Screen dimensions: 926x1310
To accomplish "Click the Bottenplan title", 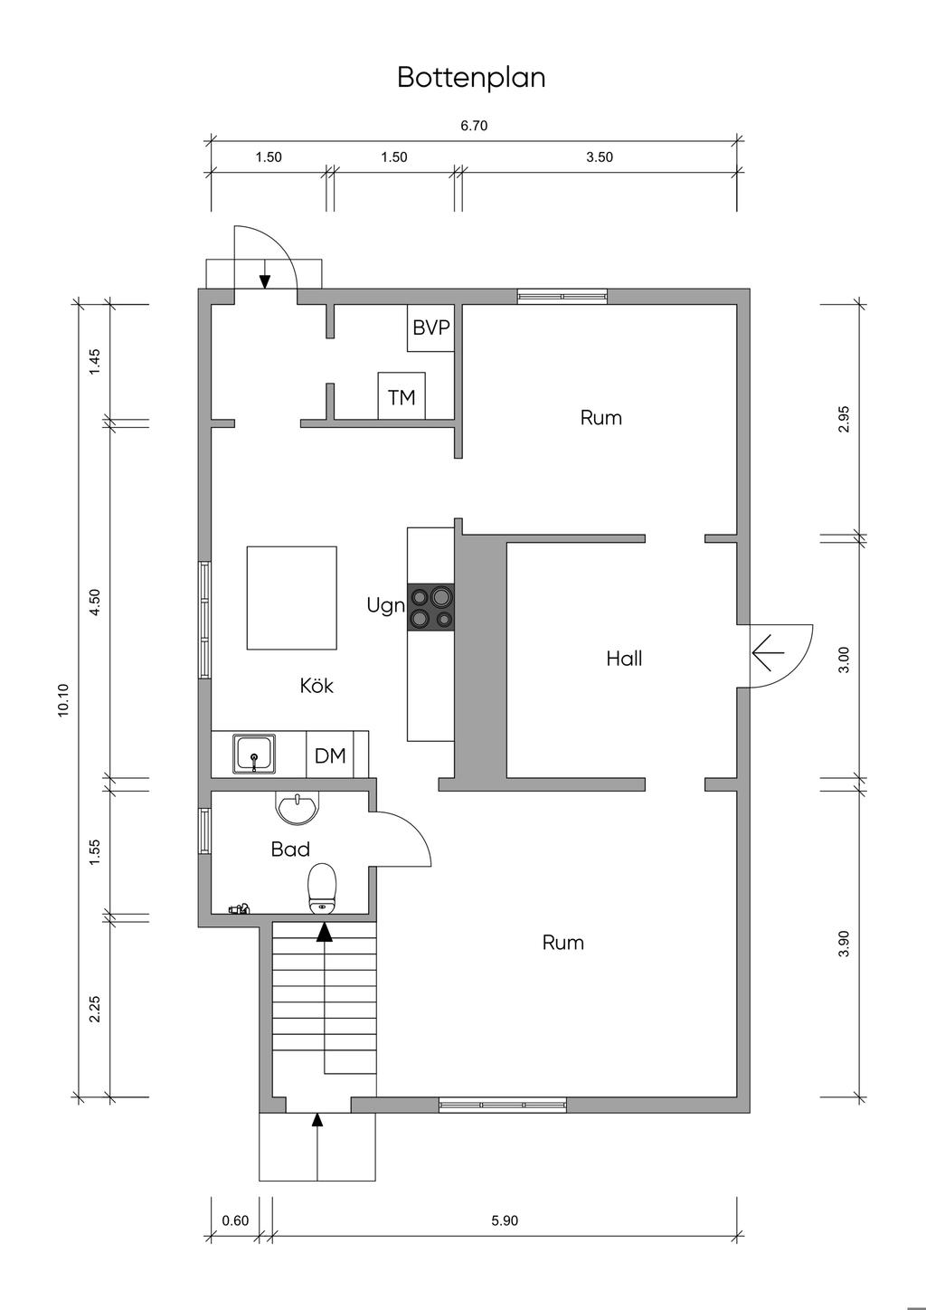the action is pos(471,78).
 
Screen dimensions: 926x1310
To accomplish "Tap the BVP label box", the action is pos(430,328).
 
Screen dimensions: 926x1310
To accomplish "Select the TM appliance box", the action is pos(402,396).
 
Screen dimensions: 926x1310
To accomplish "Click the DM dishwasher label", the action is pos(330,756).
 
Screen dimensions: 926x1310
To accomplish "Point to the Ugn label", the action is pos(386,606).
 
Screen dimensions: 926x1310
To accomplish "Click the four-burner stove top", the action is pos(430,607).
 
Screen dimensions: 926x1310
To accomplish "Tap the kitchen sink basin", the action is pos(254,754).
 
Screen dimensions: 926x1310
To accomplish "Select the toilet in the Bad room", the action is pos(322,889).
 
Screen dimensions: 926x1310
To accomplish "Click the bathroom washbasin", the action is pos(298,808).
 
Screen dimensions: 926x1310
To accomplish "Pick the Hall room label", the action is pos(624,660).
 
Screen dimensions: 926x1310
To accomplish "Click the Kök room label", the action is pos(317,686).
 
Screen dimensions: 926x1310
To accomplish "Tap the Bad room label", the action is pos(290,850).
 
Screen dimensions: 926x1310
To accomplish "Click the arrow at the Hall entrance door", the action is pos(768,652).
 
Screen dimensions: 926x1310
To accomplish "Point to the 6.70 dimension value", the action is pos(474,126).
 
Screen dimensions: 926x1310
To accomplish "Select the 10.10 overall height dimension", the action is pos(63,700).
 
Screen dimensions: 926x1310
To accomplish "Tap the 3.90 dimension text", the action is pos(844,944).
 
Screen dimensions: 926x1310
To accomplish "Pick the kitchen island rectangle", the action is pos(292,598).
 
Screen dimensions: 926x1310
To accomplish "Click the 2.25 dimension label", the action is pos(95,1010).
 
